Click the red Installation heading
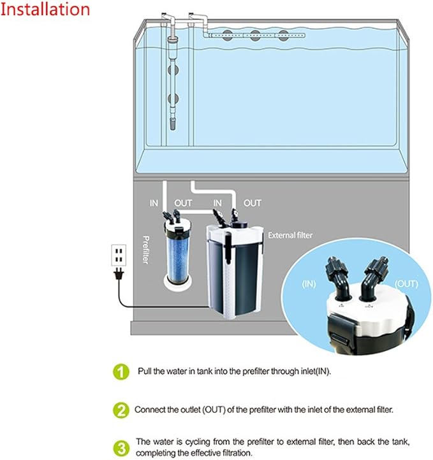(45, 10)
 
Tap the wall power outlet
(118, 255)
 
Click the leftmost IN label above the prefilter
(154, 203)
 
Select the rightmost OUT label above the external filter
(253, 203)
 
